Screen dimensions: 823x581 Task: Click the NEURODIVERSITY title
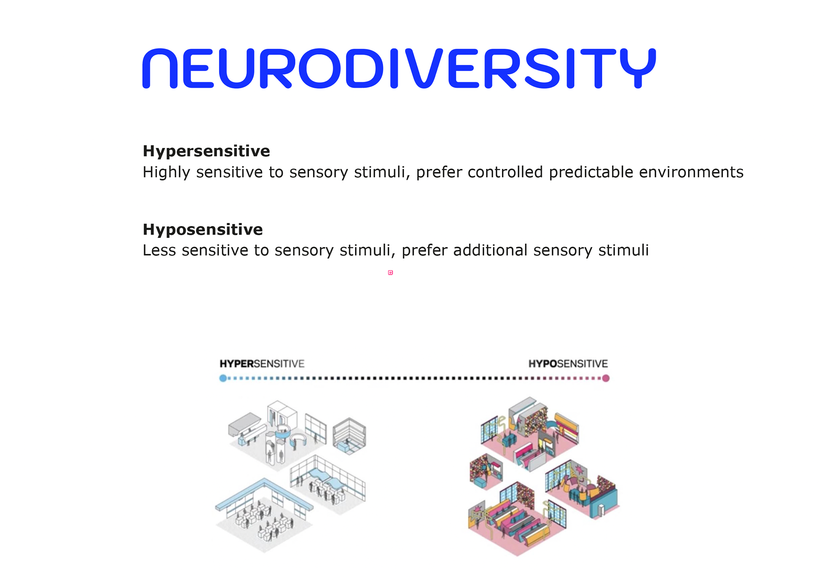399,69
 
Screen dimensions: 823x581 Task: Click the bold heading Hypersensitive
206,151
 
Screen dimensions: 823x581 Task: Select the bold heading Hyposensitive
202,229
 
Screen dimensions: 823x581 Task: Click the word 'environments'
691,172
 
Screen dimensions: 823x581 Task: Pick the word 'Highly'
166,172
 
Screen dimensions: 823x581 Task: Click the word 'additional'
490,250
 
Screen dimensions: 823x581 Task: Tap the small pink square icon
390,273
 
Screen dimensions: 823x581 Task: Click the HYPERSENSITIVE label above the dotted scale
262,364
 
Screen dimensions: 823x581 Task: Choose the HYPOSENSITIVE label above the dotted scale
568,364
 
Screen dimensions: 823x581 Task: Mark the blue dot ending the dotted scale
223,378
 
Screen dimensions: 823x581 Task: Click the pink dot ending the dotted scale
606,378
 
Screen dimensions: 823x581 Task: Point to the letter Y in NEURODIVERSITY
638,69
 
